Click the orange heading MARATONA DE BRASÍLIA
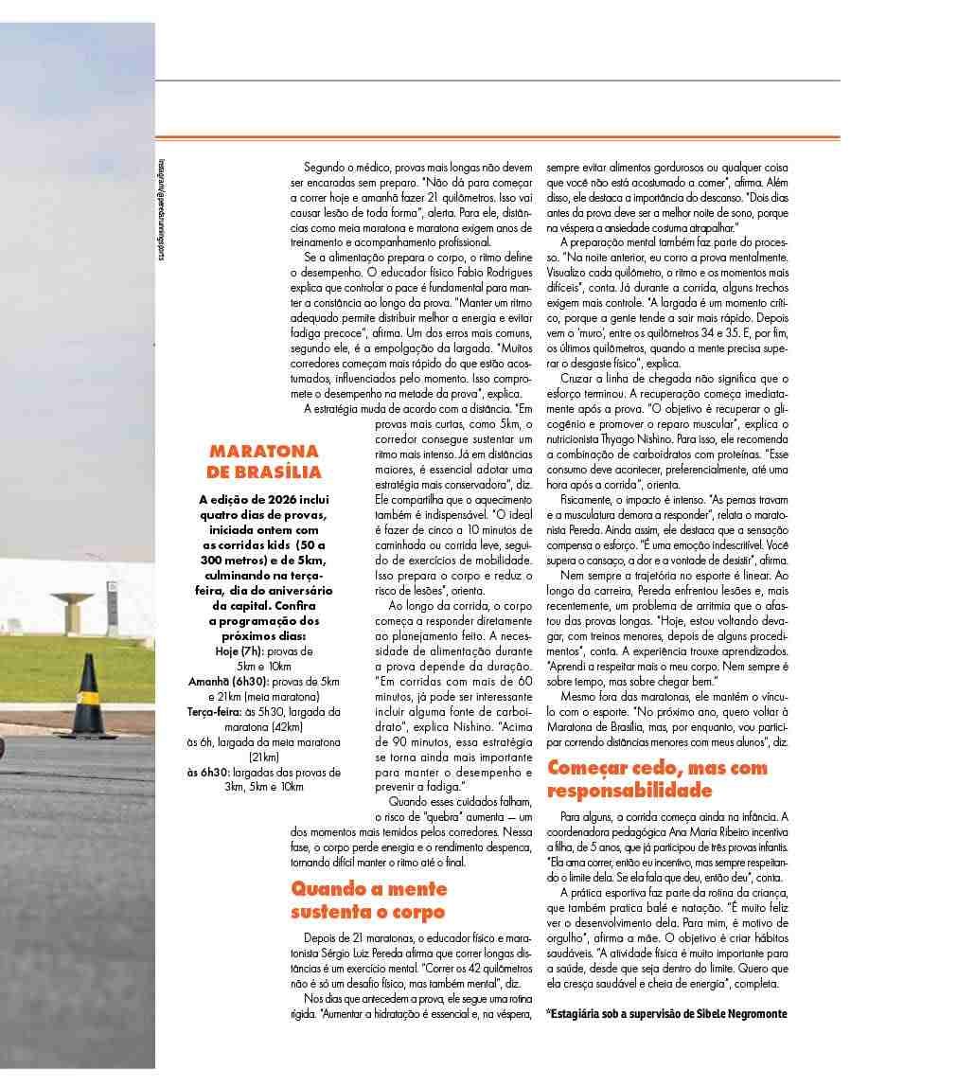(x=264, y=461)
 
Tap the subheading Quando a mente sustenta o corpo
(x=368, y=900)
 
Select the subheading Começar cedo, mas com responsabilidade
(x=657, y=778)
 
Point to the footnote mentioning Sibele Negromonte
(x=667, y=1013)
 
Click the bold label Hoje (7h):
(x=240, y=651)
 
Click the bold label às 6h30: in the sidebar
(x=208, y=772)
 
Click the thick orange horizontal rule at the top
(x=497, y=137)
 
